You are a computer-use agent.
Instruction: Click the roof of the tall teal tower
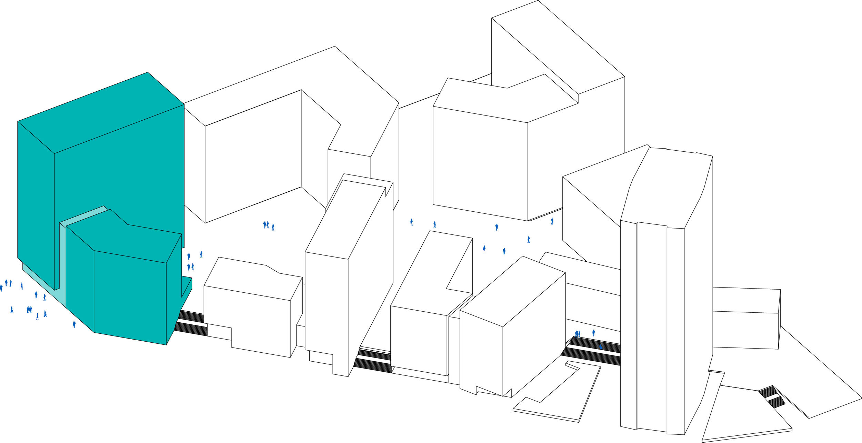tap(100, 112)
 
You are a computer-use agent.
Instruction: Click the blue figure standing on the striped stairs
tap(601, 347)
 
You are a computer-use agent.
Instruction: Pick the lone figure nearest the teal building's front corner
tap(74, 324)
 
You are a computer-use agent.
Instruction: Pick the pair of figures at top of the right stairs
tap(578, 334)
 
